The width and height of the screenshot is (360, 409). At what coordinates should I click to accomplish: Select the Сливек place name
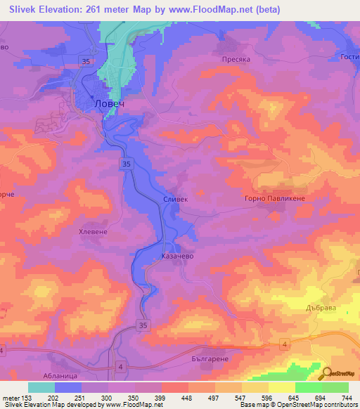coord(176,200)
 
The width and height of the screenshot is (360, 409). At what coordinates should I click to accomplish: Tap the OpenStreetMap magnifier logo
coord(326,373)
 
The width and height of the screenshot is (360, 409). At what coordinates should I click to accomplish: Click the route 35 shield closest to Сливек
coord(124,164)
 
